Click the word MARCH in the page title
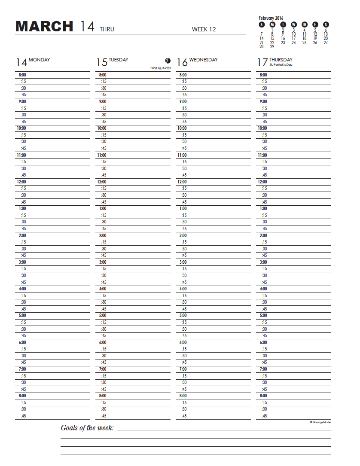click(44, 27)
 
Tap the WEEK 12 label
click(204, 29)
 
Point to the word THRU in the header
click(107, 30)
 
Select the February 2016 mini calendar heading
click(271, 18)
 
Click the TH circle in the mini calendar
click(305, 24)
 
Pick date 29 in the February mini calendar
click(272, 46)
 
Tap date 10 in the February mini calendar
click(294, 34)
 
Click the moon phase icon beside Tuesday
click(167, 61)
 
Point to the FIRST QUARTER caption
click(161, 68)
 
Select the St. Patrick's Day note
click(281, 64)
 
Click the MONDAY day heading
click(39, 60)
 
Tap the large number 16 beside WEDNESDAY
click(182, 63)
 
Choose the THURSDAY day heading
click(281, 60)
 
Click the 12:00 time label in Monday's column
click(21, 182)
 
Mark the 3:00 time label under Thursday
click(263, 262)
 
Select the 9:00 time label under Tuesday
click(103, 101)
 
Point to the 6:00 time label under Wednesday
click(183, 342)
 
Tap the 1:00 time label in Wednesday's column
click(183, 208)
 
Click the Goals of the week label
click(87, 428)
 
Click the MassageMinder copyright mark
click(320, 422)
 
